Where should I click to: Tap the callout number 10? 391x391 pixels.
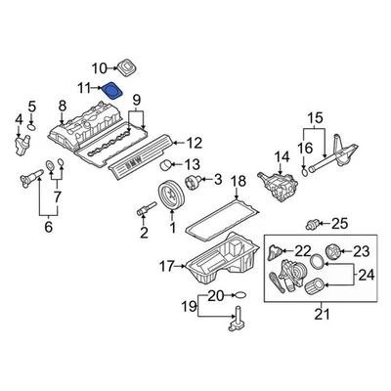[100, 68]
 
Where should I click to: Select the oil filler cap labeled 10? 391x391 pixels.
[127, 67]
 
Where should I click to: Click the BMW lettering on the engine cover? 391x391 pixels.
[134, 162]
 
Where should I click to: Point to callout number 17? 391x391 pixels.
[167, 267]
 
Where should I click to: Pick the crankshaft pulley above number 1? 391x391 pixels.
[172, 195]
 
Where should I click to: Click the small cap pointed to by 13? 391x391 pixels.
[166, 165]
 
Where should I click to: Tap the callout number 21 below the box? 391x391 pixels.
[322, 314]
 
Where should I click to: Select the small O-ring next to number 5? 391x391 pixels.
[31, 126]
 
